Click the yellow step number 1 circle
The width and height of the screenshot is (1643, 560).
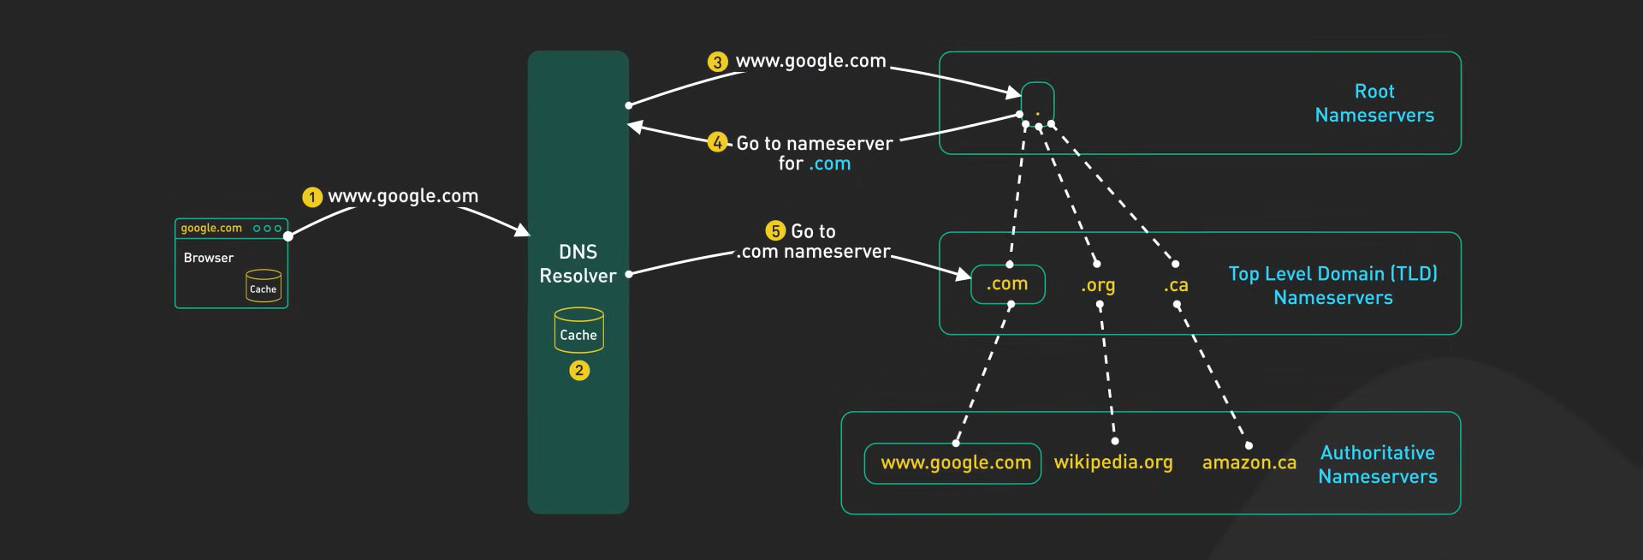click(x=312, y=198)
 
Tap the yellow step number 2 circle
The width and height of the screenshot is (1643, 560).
click(x=579, y=371)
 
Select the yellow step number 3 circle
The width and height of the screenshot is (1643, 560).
click(x=717, y=63)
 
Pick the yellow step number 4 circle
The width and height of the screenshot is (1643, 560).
click(x=717, y=143)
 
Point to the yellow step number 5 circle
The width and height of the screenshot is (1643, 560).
click(x=775, y=231)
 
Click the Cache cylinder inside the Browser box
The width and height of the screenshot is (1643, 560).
click(x=264, y=286)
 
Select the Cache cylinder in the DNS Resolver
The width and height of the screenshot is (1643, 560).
click(x=579, y=331)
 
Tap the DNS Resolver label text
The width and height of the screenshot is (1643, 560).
click(x=578, y=264)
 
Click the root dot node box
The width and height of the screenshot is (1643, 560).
click(x=1038, y=104)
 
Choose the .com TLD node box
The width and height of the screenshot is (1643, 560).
click(x=1008, y=284)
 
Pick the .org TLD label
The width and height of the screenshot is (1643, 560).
click(x=1098, y=285)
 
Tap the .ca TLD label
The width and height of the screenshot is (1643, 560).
click(x=1176, y=285)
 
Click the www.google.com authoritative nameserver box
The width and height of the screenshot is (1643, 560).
click(x=953, y=463)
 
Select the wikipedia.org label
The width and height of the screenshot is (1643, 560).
click(x=1113, y=462)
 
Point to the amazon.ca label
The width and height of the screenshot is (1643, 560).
click(x=1249, y=463)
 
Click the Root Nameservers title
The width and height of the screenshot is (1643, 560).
click(x=1374, y=103)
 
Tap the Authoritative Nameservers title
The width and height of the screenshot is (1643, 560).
click(x=1378, y=464)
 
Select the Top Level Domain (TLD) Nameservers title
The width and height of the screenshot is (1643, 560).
click(x=1333, y=285)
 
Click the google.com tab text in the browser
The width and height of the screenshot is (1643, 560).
click(x=211, y=229)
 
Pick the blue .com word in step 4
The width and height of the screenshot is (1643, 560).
click(x=830, y=164)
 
